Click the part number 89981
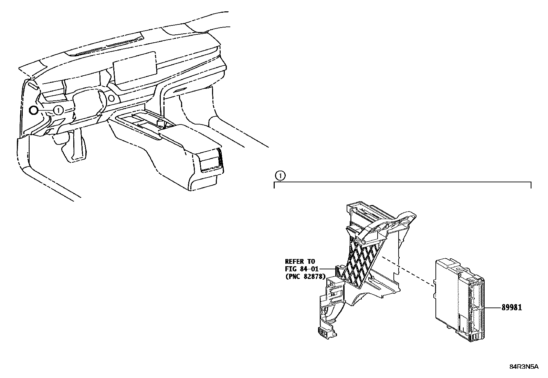[512, 307]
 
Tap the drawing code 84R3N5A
[524, 367]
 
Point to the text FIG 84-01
[302, 269]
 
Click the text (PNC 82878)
[306, 277]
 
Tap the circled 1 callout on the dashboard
[59, 110]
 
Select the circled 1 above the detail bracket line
[280, 176]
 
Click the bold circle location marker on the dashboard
[33, 111]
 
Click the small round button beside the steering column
[111, 98]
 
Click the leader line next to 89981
[493, 308]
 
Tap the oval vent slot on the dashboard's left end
[33, 87]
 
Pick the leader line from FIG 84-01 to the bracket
[327, 269]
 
